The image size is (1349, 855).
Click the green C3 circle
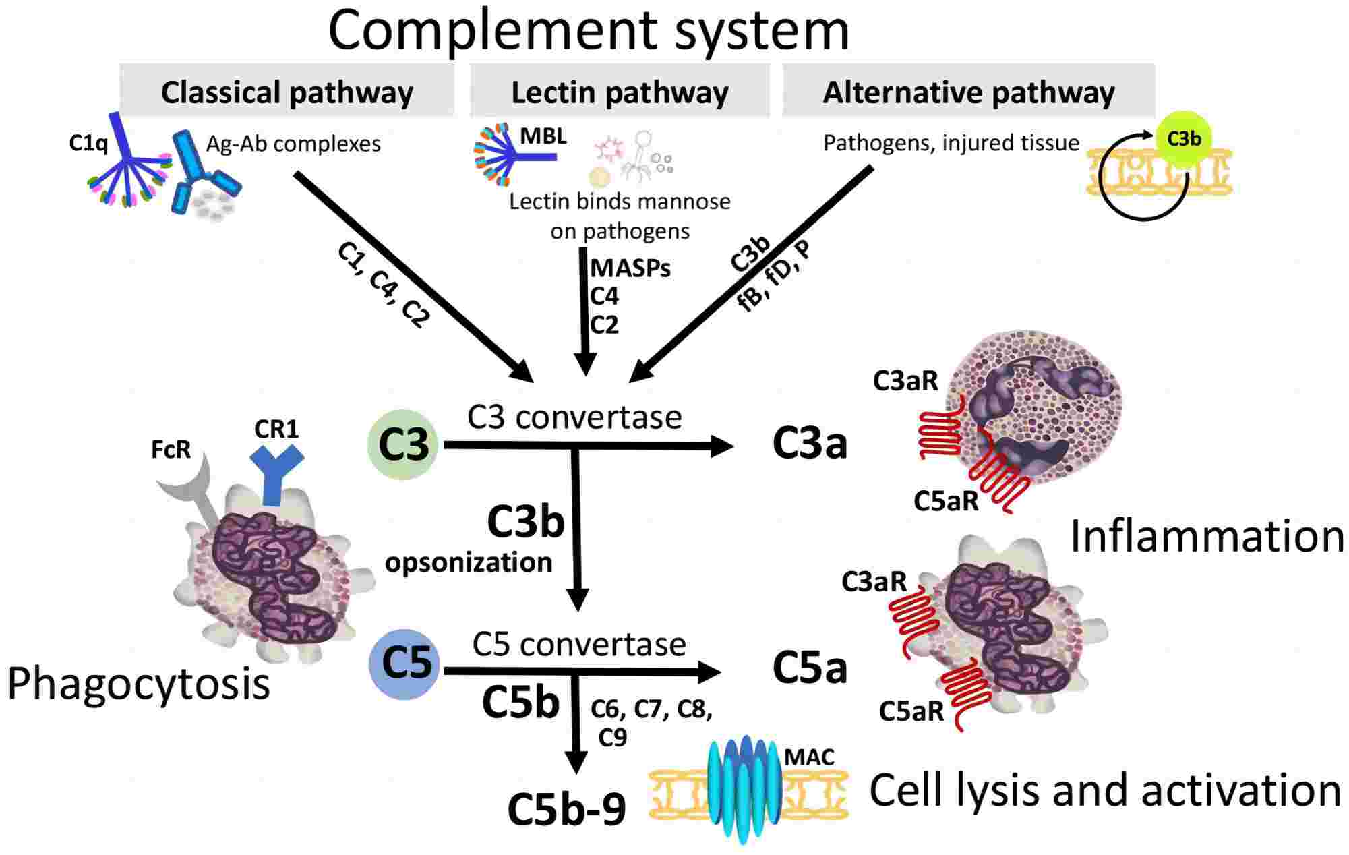point(403,444)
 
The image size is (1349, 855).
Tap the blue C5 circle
point(404,664)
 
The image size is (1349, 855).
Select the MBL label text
point(543,136)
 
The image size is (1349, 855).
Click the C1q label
point(88,143)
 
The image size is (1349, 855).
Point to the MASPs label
point(630,268)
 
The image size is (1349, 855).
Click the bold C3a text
point(809,444)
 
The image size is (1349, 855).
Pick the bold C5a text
point(809,669)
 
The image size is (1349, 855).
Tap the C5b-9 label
point(566,809)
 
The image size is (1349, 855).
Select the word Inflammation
point(1207,537)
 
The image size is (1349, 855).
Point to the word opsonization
point(469,562)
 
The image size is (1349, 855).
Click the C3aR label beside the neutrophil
point(905,381)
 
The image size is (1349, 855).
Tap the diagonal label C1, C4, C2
point(383,285)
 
